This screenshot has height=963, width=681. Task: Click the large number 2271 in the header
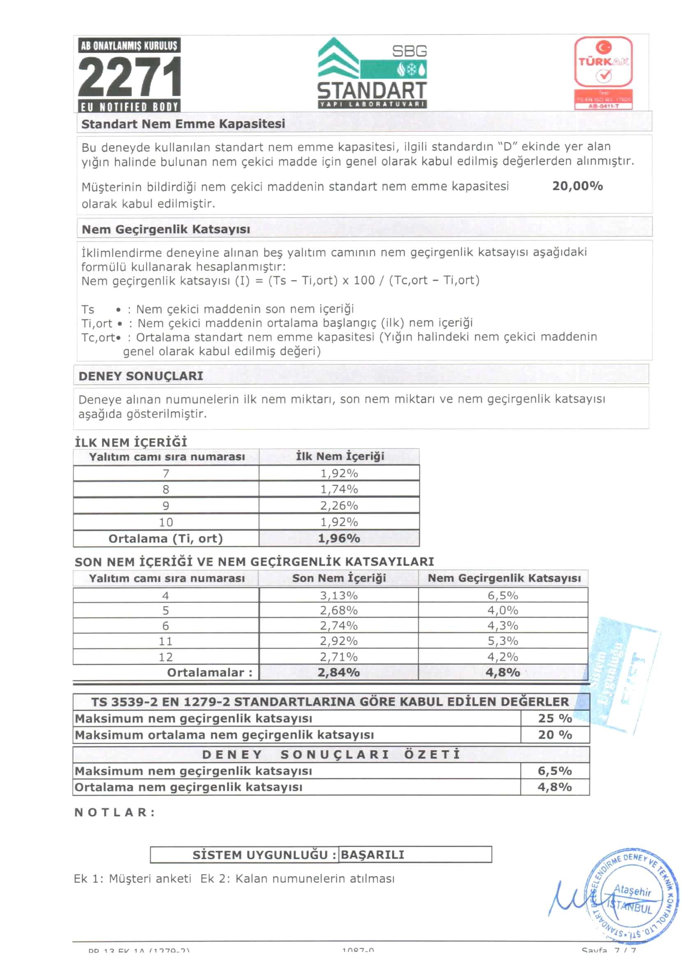point(129,77)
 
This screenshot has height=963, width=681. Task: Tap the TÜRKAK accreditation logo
point(603,72)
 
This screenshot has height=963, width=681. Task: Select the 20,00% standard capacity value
point(577,186)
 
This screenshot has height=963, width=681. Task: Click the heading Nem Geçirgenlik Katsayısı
point(166,229)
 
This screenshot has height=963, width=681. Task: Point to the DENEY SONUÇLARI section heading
point(141,376)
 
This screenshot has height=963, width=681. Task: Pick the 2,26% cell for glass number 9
point(339,506)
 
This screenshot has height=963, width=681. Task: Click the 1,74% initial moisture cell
point(339,489)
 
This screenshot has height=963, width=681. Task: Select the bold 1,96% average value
point(339,538)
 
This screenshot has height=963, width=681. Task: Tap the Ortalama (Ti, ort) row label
point(165,538)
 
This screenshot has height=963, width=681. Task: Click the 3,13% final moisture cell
point(338,595)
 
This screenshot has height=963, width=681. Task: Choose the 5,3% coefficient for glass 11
point(503,641)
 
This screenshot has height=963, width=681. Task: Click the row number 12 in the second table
point(165,657)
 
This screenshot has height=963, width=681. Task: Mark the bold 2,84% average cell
point(338,672)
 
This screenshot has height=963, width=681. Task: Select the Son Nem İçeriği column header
point(339,578)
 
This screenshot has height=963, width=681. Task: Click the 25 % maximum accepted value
point(555,718)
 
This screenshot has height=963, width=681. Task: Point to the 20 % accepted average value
point(555,734)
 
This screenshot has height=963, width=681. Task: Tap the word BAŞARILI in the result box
point(372,855)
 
